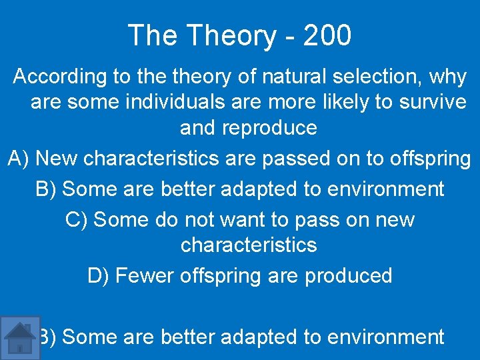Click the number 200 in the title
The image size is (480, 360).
(x=327, y=35)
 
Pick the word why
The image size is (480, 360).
(x=448, y=77)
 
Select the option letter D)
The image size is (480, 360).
(x=99, y=275)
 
